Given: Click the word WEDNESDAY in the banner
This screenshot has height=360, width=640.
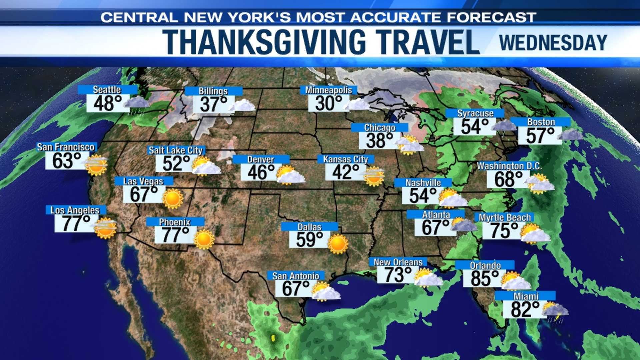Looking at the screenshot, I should click(553, 43).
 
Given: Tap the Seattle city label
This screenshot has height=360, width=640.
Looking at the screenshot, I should click(107, 90).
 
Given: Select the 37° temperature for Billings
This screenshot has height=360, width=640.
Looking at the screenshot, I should click(213, 104).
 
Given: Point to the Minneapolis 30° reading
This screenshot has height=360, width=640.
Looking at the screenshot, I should click(329, 103).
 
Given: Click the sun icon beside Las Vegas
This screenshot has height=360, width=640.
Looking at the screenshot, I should click(173, 199).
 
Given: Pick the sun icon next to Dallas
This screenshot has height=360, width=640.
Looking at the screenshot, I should click(338, 244).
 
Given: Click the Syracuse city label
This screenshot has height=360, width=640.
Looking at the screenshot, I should click(475, 113).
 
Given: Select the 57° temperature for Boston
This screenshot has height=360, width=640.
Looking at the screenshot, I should click(540, 136).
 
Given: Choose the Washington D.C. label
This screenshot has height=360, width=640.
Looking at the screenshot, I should click(509, 166).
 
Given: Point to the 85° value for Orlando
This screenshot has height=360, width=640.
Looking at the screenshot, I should click(485, 279).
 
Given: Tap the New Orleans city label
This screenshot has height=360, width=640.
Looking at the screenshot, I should click(398, 262).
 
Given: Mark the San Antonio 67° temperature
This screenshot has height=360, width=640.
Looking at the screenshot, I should click(296, 289).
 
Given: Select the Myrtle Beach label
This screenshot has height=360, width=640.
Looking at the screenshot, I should click(505, 218).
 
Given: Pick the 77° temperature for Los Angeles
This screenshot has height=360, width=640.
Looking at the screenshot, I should click(76, 223).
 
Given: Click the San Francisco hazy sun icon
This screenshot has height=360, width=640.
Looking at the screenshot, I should click(96, 165).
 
